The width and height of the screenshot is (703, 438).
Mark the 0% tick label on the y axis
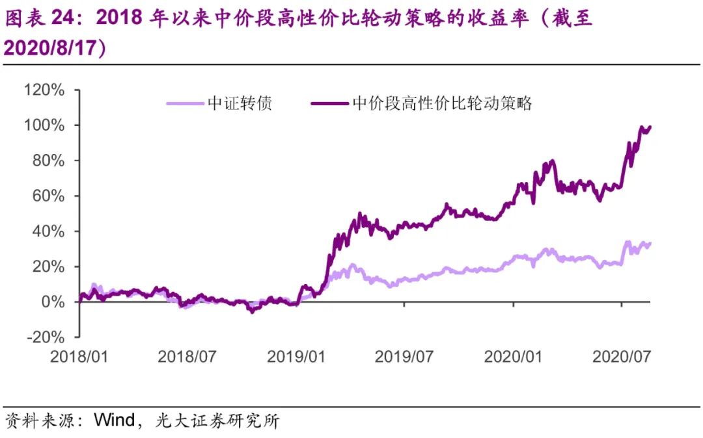tap(53, 302)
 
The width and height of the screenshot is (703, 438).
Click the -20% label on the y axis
tap(46, 337)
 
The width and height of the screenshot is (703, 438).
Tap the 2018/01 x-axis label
tap(79, 356)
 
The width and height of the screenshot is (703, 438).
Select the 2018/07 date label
tap(187, 356)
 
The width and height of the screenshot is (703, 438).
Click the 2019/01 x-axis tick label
tap(297, 356)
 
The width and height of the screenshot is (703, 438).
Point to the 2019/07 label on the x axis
tap(405, 356)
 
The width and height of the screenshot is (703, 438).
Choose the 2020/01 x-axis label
tap(514, 356)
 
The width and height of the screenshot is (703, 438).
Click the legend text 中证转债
tap(240, 103)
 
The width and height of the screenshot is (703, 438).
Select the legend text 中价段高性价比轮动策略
tap(442, 103)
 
